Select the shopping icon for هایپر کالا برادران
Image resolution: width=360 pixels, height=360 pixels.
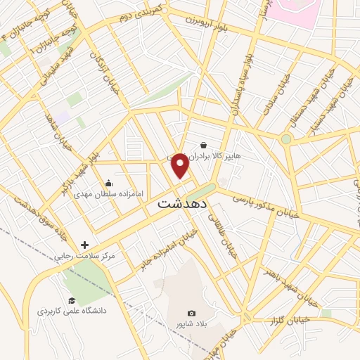click(x=204, y=146)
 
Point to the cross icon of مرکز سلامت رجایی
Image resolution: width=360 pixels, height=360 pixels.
click(x=85, y=245)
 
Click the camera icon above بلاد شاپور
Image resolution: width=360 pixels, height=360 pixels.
click(x=191, y=314)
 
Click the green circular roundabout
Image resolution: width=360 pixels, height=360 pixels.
click(x=285, y=139)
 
